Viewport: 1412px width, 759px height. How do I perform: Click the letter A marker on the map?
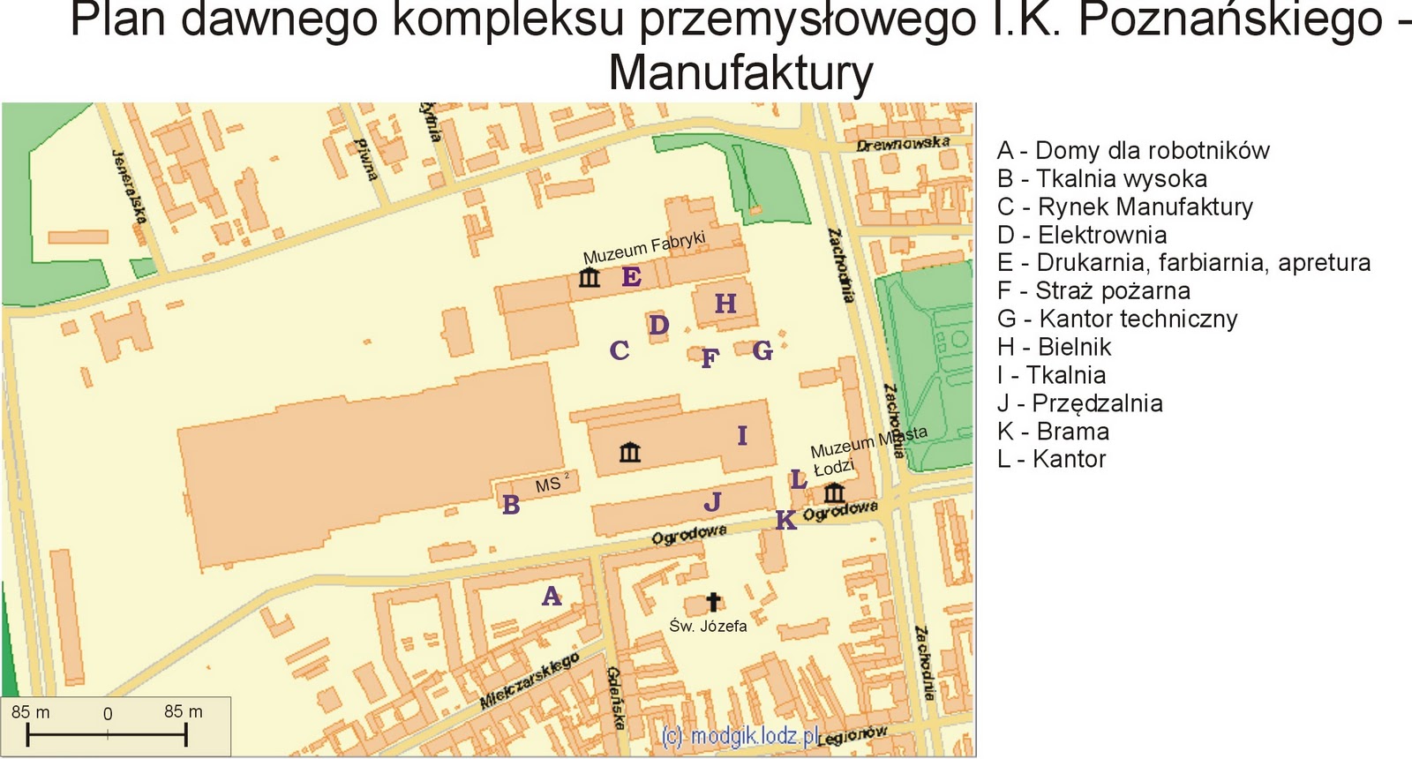click(552, 597)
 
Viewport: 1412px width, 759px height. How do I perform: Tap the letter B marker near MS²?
click(511, 506)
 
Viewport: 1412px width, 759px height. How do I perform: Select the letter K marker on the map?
click(785, 521)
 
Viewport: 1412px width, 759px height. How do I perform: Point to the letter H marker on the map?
click(725, 304)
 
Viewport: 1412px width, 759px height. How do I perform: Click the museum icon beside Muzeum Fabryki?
click(590, 278)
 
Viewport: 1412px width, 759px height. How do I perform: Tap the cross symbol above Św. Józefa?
click(713, 602)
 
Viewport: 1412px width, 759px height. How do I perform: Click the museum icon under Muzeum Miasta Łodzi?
click(834, 492)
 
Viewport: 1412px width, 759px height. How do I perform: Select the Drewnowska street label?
click(903, 143)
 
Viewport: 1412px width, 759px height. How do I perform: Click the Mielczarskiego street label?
click(529, 681)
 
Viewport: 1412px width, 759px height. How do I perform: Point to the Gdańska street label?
click(615, 697)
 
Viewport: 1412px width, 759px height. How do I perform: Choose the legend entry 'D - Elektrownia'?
click(1082, 235)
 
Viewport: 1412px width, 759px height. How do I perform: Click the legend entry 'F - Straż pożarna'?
click(1093, 290)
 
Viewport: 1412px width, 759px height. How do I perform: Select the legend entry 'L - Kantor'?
click(1051, 459)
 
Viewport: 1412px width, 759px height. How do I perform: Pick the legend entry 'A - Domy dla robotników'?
click(1133, 151)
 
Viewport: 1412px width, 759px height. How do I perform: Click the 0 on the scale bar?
click(108, 714)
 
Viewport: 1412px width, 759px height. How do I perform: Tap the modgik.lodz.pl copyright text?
click(741, 736)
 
